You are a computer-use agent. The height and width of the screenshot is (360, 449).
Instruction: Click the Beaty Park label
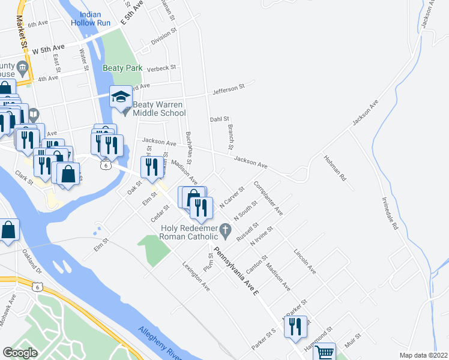(122, 68)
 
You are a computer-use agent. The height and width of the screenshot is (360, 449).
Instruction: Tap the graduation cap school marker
(120, 97)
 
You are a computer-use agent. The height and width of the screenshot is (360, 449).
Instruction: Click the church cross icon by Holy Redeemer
(226, 229)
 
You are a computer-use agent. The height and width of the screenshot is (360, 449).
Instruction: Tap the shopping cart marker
(325, 353)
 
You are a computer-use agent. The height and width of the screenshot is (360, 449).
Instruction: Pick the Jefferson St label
(229, 90)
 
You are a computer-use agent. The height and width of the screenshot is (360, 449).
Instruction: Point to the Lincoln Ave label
(305, 262)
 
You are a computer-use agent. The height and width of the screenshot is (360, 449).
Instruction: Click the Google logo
(20, 353)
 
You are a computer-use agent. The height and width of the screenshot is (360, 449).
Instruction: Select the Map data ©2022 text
(423, 355)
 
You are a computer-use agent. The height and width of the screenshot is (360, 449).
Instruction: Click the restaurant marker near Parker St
(294, 326)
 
